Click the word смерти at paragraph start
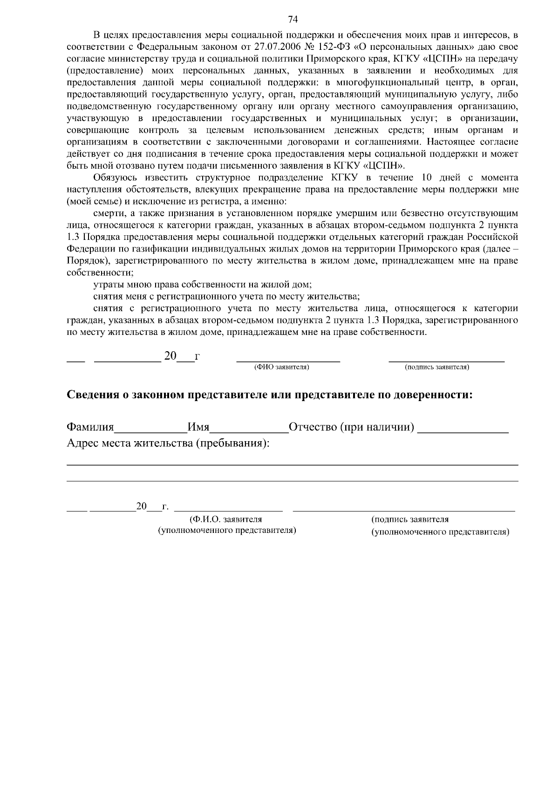[107, 213]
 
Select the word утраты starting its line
[106, 284]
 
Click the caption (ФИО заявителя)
[281, 367]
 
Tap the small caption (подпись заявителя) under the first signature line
[437, 367]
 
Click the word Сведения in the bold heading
[93, 395]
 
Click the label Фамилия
[90, 427]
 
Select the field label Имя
[198, 427]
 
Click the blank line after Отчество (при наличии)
[463, 430]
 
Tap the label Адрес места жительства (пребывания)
[168, 443]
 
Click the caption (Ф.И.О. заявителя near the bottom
[225, 519]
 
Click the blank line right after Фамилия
[150, 430]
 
